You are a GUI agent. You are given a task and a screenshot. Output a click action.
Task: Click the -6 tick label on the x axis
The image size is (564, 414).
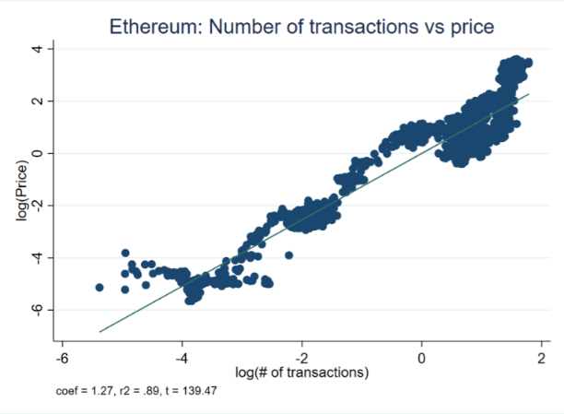pyautogui.click(x=61, y=357)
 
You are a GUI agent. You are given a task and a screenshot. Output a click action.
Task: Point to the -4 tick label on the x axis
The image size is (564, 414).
pyautogui.click(x=181, y=357)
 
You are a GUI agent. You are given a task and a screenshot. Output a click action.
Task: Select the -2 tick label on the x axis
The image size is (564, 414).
pyautogui.click(x=300, y=357)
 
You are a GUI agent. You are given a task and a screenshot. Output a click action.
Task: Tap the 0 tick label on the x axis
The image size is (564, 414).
pyautogui.click(x=422, y=357)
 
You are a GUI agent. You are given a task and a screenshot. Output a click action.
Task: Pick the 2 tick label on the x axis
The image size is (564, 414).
pyautogui.click(x=542, y=357)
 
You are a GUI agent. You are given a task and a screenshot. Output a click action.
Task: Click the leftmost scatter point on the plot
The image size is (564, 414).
pyautogui.click(x=100, y=288)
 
